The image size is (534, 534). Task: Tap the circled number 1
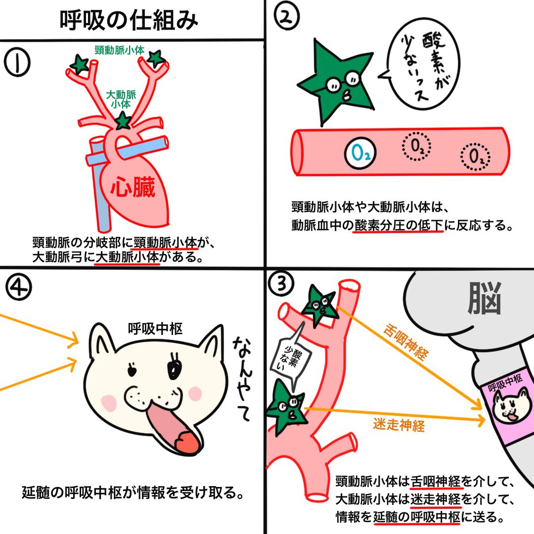point(17,63)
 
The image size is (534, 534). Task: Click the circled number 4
point(17,286)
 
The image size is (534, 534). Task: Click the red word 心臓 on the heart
point(133,188)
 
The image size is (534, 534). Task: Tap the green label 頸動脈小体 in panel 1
point(120,50)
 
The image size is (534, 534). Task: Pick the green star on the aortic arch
point(122,120)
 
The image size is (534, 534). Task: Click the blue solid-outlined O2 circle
point(360,154)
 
